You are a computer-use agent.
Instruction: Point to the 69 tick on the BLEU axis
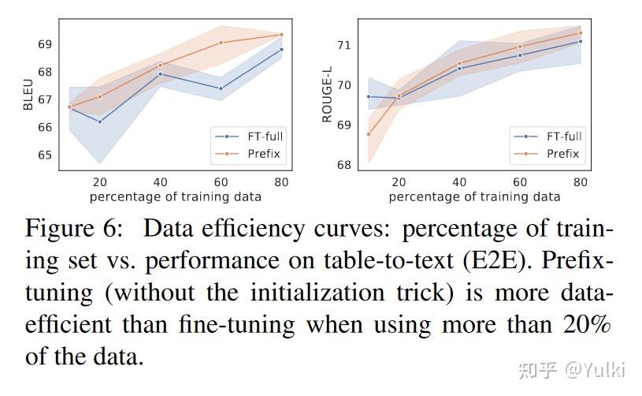click(45, 44)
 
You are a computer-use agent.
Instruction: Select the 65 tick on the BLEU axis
click(45, 155)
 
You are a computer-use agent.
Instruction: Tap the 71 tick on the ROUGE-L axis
click(343, 45)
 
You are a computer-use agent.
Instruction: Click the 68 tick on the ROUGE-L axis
click(343, 165)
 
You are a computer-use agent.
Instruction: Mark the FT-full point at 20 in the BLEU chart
click(100, 121)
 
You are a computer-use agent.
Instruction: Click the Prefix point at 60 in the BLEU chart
click(221, 43)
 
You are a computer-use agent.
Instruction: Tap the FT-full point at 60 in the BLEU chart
click(221, 88)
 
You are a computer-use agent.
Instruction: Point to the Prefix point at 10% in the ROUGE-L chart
click(369, 134)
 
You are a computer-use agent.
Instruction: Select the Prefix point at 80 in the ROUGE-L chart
click(581, 33)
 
